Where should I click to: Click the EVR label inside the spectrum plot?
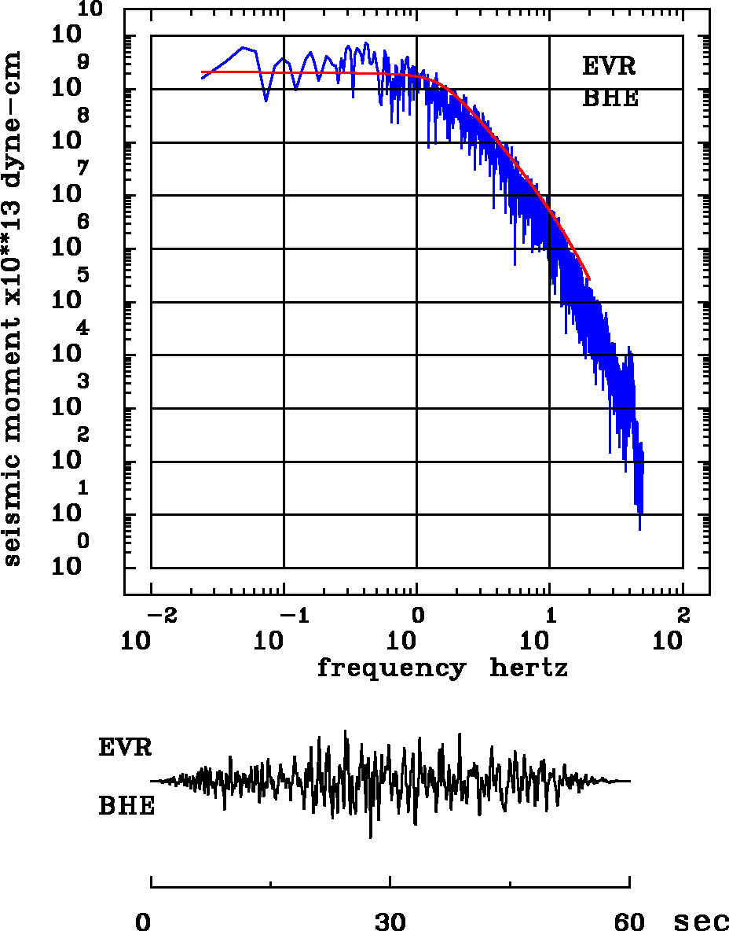[x=609, y=66]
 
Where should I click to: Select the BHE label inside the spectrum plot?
[x=610, y=99]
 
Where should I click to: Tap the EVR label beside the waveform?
[x=125, y=747]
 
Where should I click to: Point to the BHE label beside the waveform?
[x=126, y=806]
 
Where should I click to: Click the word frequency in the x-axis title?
[x=390, y=669]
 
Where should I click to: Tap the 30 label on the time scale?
[x=390, y=921]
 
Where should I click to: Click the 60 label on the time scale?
[x=629, y=921]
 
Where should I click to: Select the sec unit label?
[x=701, y=921]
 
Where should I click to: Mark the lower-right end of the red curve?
[x=589, y=279]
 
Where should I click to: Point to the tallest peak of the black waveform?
[x=345, y=730]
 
